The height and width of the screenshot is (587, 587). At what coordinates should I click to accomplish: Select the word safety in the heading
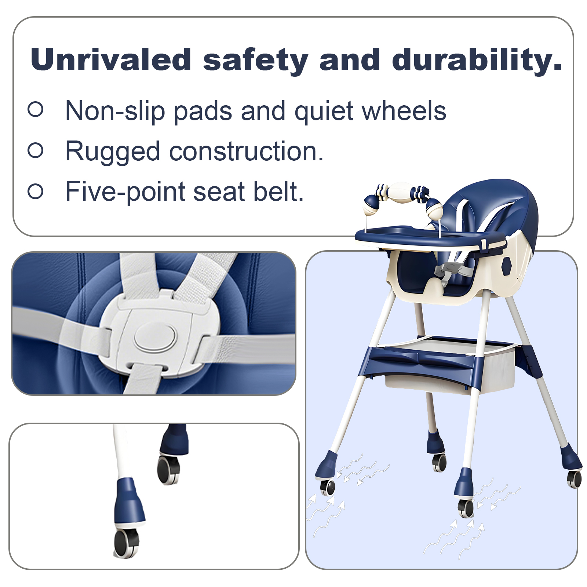255,61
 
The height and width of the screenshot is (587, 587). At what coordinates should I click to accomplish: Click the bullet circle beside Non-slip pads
36,109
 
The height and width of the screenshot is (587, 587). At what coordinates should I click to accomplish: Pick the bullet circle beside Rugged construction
36,150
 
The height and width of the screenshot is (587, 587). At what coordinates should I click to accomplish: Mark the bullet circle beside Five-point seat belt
36,191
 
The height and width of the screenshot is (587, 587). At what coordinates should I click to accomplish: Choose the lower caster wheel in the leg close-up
126,543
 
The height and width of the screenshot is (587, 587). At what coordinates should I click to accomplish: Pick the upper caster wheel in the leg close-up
168,469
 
